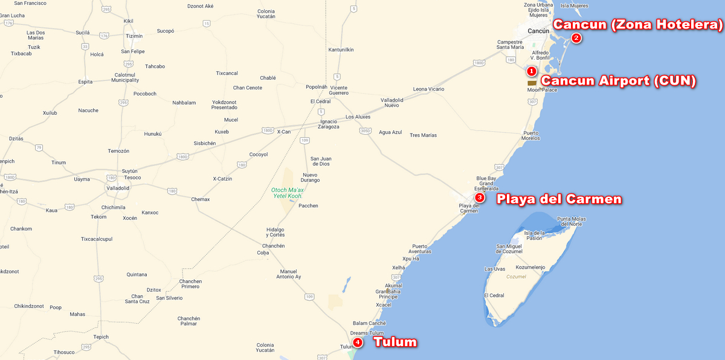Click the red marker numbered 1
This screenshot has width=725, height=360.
click(532, 71)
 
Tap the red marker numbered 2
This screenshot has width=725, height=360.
click(576, 38)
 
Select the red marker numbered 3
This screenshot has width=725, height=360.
click(480, 197)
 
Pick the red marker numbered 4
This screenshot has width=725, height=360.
click(358, 342)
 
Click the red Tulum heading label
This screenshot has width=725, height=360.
click(395, 342)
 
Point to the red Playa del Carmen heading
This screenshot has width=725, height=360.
click(559, 199)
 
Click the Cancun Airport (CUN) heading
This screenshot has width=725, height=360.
click(618, 81)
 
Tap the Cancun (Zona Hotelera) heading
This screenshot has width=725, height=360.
click(638, 25)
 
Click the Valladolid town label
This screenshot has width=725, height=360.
click(118, 188)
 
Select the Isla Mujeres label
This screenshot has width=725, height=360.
click(574, 6)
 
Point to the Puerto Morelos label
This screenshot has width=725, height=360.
click(531, 135)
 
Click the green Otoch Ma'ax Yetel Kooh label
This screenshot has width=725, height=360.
click(287, 193)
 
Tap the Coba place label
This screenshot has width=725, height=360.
click(262, 252)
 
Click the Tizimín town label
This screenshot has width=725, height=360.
click(134, 36)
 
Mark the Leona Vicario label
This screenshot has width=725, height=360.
click(428, 89)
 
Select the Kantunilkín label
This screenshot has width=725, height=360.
click(341, 50)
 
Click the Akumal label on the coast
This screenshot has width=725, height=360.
click(393, 286)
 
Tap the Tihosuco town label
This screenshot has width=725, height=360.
click(63, 352)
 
